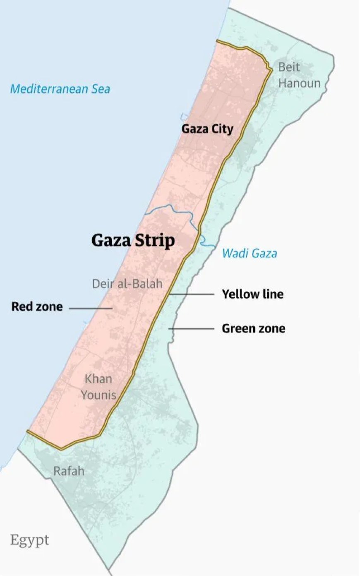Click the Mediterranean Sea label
pos(60,89)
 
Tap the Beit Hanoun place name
pos(299,75)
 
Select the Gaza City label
pos(207,129)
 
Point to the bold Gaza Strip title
pos(133,241)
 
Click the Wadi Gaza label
pos(250,253)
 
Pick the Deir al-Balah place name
pos(127,284)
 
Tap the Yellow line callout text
pos(253,294)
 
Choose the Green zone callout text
pos(254,328)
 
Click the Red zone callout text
pos(37,307)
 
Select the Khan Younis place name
pos(98,387)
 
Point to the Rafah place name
pos(69,471)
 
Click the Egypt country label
pos(30,540)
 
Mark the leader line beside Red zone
pos(90,308)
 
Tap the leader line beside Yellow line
pos(191,294)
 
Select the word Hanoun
pos(299,83)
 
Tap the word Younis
pos(98,395)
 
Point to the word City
pos(222,129)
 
